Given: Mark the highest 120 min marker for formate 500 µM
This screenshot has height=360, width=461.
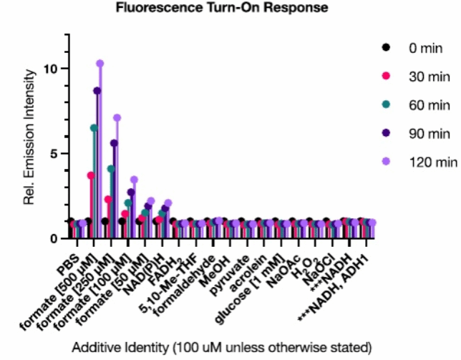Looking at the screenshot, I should pyautogui.click(x=100, y=64).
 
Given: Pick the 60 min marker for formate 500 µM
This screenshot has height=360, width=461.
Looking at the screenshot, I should pyautogui.click(x=94, y=128).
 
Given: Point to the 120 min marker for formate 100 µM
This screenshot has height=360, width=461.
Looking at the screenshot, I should pyautogui.click(x=134, y=180).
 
